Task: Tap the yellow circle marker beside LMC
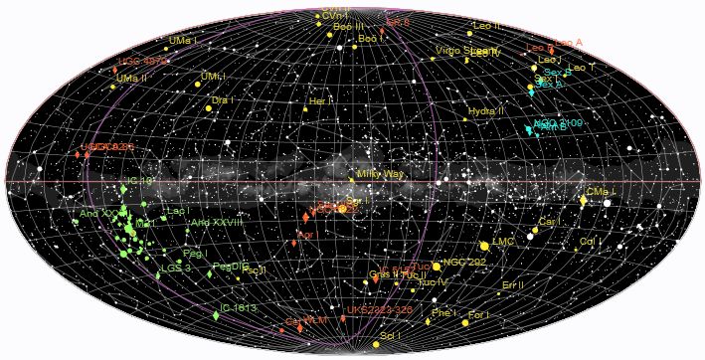[x=484, y=245]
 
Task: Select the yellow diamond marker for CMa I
[x=583, y=201]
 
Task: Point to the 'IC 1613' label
[x=239, y=308]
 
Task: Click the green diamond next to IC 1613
[x=216, y=315]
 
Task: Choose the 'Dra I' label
[x=222, y=100]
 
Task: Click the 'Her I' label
[x=320, y=101]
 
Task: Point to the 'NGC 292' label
[x=465, y=263]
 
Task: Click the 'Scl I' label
[x=390, y=336]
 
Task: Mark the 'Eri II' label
[x=513, y=284]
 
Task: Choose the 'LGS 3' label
[x=176, y=268]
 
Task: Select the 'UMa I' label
[x=184, y=40]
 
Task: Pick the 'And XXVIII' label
[x=219, y=222]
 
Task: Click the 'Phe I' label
[x=444, y=313]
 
